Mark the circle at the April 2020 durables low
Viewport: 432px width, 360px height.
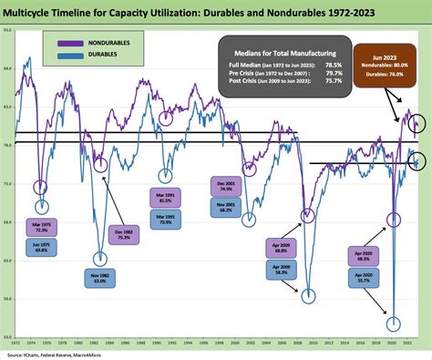(x=394, y=324)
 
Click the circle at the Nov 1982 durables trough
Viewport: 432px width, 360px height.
(x=99, y=259)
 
